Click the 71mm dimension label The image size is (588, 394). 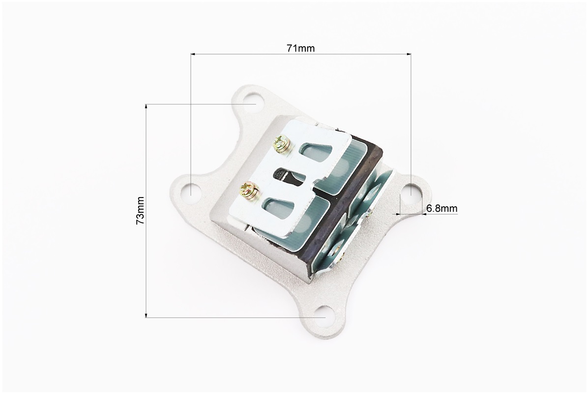pyautogui.click(x=301, y=48)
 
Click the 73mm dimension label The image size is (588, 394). pyautogui.click(x=140, y=210)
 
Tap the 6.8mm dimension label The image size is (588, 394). pyautogui.click(x=442, y=208)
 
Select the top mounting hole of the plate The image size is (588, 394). pyautogui.click(x=249, y=102)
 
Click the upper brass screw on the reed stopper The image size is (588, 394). pyautogui.click(x=282, y=144)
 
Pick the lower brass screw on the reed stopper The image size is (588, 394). pyautogui.click(x=249, y=190)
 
